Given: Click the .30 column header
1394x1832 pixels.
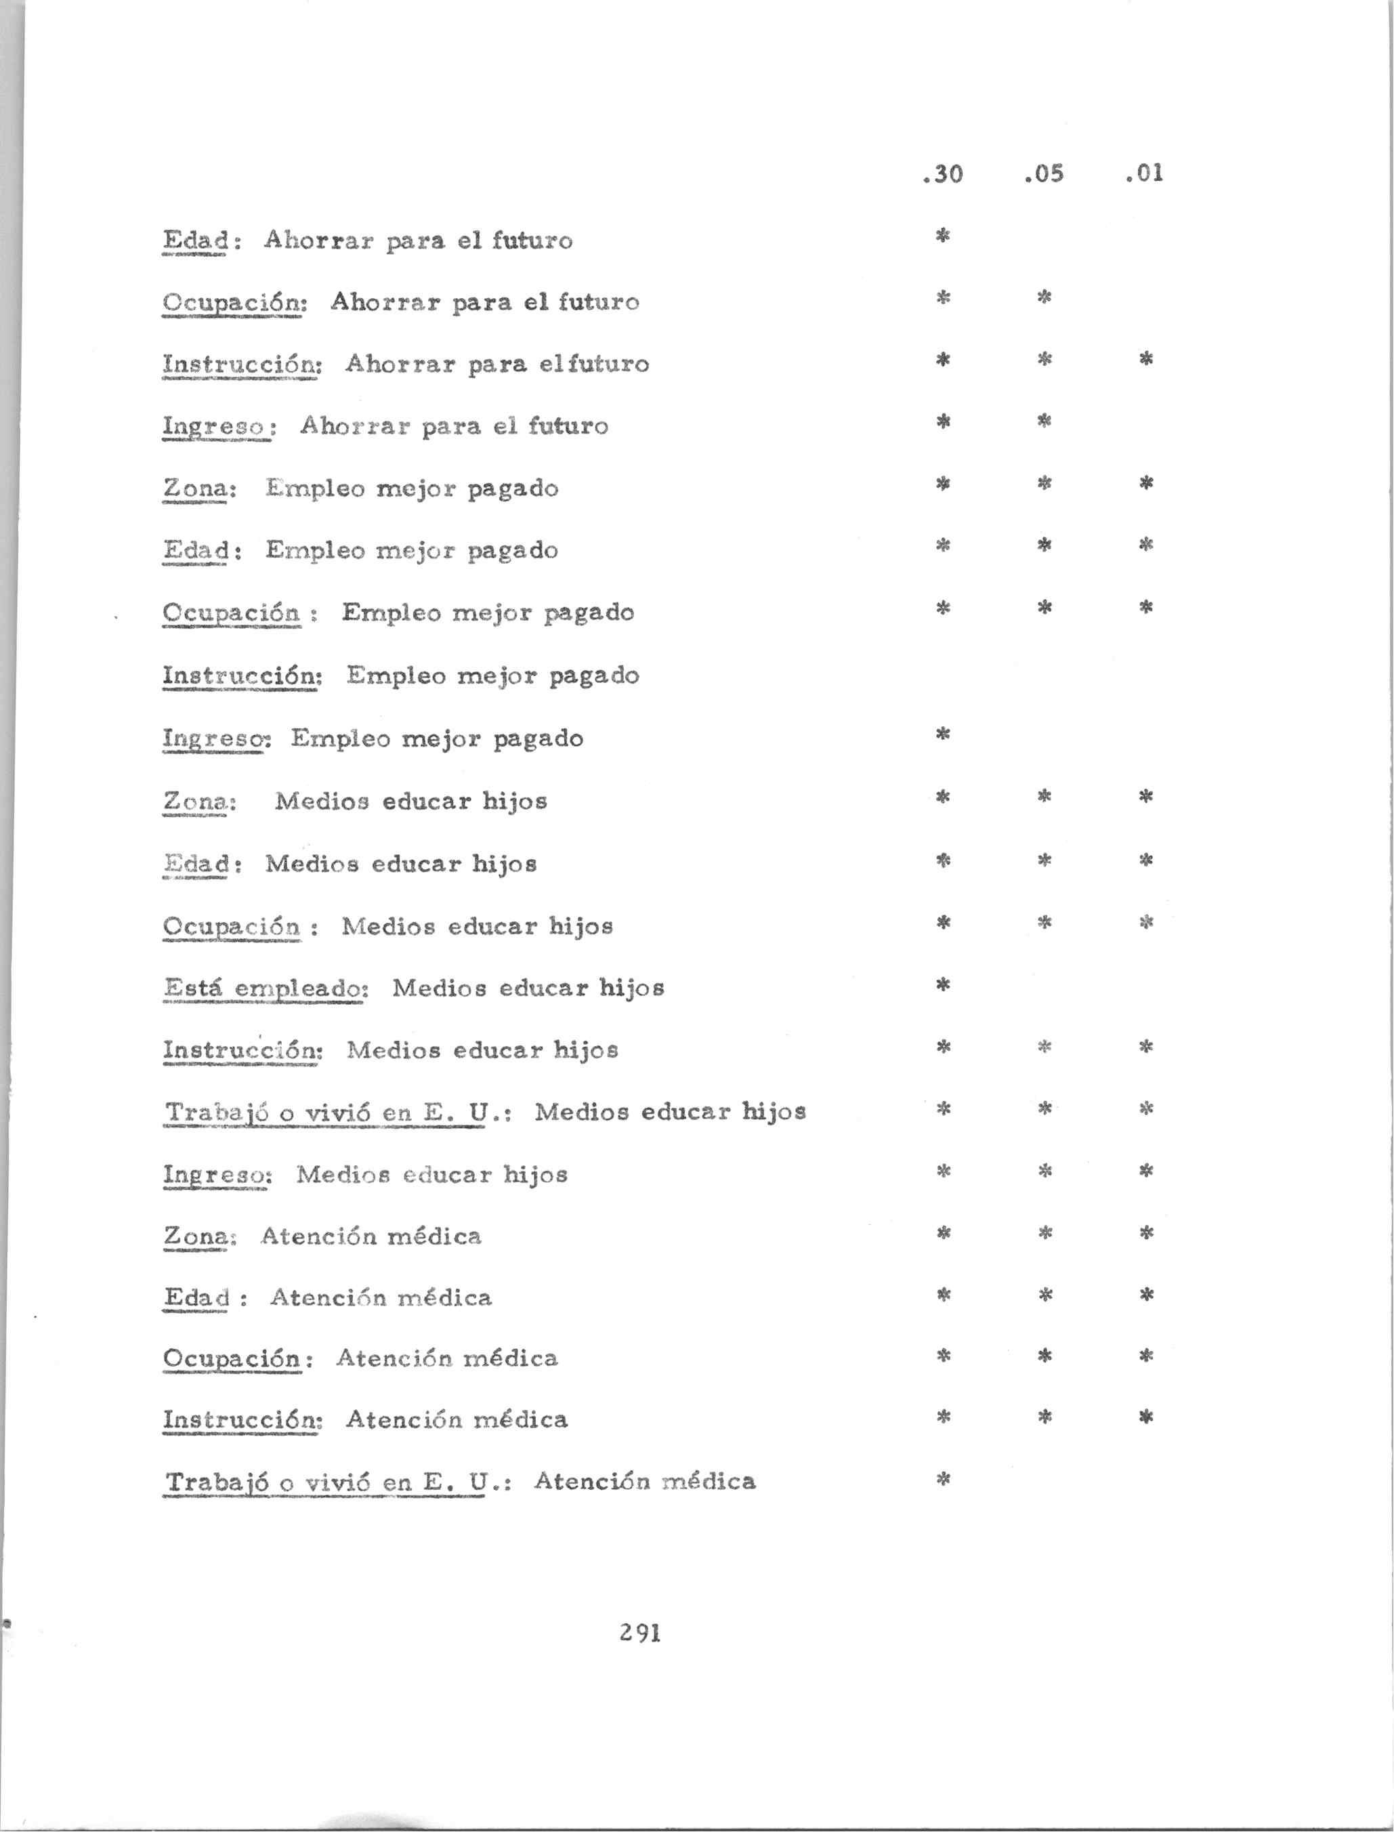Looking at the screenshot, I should [x=943, y=174].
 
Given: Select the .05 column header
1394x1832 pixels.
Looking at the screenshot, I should [x=1044, y=174].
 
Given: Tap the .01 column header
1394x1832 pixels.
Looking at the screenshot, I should [x=1145, y=174].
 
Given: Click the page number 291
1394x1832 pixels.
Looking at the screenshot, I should [x=639, y=1633].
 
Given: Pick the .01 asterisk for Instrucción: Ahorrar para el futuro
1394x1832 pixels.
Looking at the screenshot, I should [x=1146, y=359].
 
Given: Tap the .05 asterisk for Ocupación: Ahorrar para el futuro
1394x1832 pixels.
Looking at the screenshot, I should [x=1044, y=297].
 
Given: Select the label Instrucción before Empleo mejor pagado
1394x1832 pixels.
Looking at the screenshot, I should [x=240, y=675].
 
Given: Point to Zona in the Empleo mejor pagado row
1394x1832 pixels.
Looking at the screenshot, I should [x=196, y=488].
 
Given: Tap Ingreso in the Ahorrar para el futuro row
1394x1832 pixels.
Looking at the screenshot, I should [x=215, y=426].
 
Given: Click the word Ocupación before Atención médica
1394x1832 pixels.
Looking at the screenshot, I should [x=232, y=1358].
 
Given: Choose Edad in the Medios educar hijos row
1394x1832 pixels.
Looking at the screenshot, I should [x=196, y=865].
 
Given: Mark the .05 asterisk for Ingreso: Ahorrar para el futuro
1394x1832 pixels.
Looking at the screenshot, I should [x=1044, y=421].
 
